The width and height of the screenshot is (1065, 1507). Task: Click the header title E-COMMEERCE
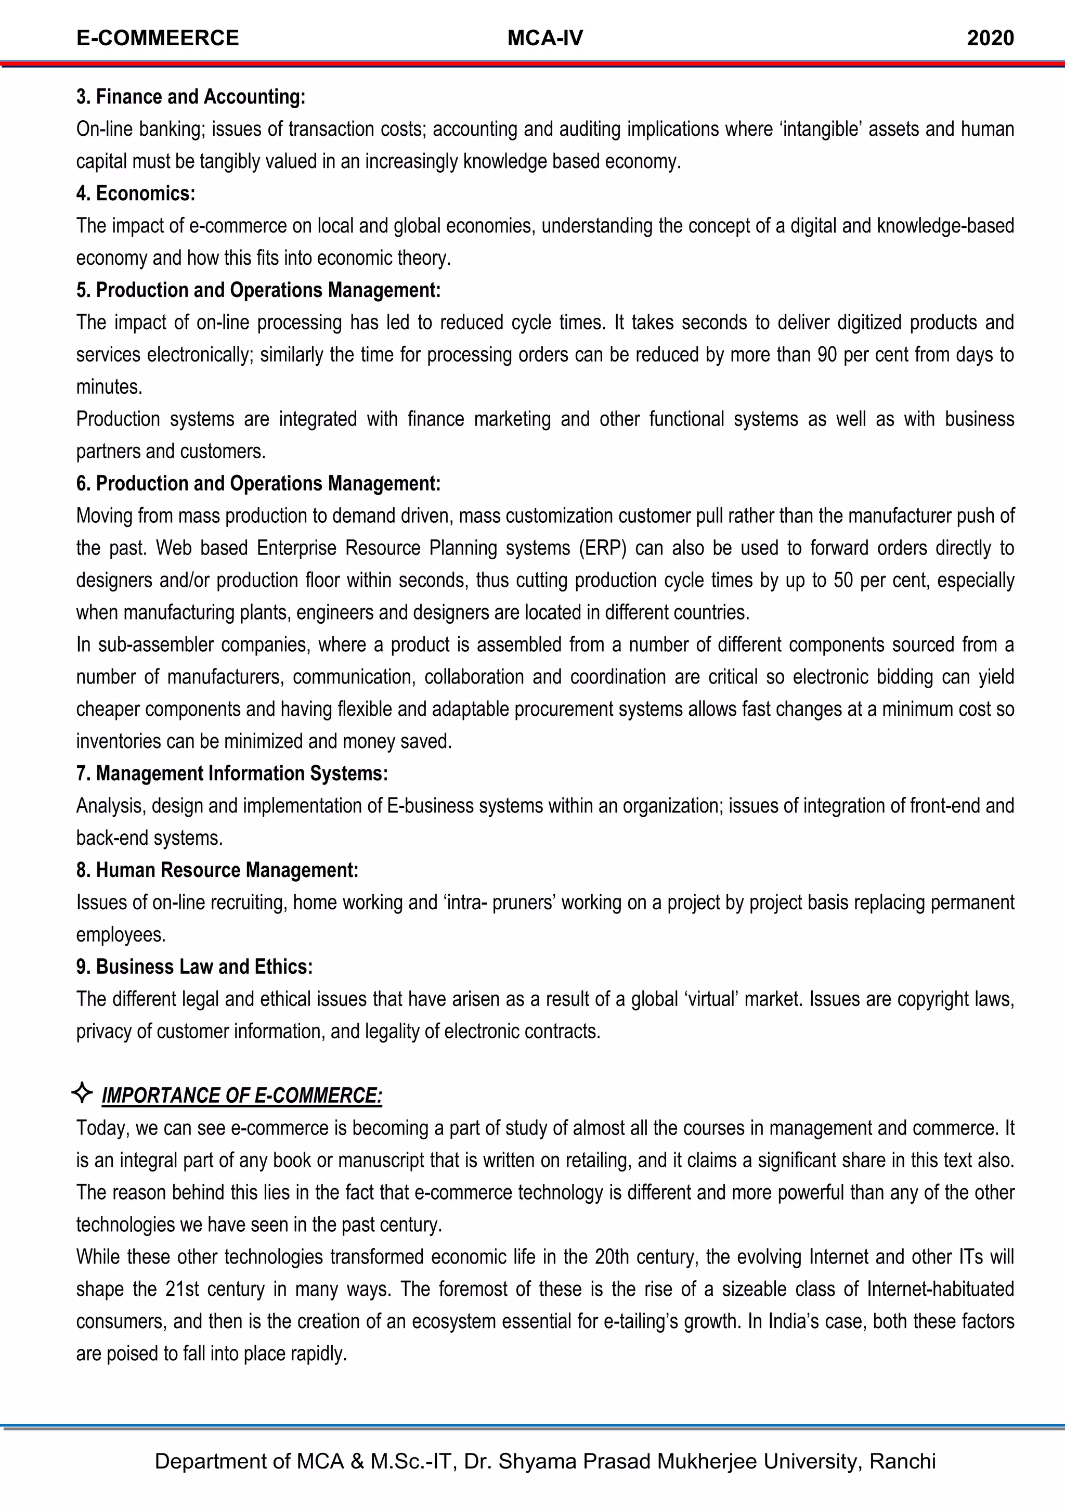(x=158, y=38)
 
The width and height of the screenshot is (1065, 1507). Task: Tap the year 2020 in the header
(x=990, y=38)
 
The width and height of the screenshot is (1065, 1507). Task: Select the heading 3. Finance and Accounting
(x=190, y=97)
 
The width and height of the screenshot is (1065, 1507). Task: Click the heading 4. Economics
(x=136, y=194)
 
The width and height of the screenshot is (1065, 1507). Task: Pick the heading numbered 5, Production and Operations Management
(x=258, y=290)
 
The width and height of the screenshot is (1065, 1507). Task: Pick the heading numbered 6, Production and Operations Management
(x=258, y=484)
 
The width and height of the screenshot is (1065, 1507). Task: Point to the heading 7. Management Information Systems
(x=231, y=774)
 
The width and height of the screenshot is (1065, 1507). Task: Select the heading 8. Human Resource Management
(x=217, y=870)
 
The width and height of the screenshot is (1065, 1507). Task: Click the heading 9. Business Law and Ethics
(x=194, y=967)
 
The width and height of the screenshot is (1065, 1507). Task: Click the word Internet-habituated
(x=940, y=1289)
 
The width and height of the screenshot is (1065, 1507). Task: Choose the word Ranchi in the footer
(x=902, y=1461)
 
